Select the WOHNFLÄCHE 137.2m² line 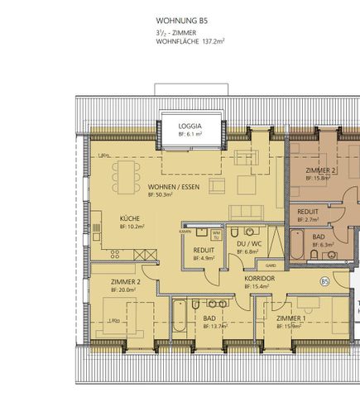(x=191, y=39)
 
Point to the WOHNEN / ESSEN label (x=174, y=187)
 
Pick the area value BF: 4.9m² (x=204, y=258)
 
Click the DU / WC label (x=250, y=244)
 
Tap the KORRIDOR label (x=259, y=279)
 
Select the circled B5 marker (x=324, y=281)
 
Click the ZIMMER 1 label (x=290, y=318)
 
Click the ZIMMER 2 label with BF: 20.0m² (x=126, y=281)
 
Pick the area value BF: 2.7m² (x=310, y=220)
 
